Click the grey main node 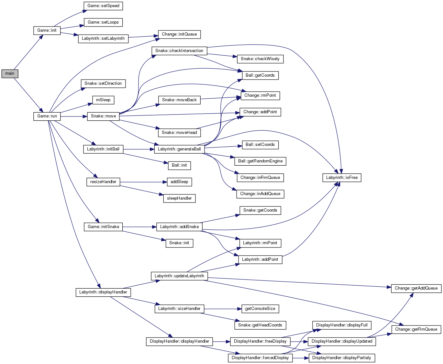click(x=10, y=73)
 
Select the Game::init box click(x=47, y=30)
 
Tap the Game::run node click(x=47, y=116)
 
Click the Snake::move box click(x=103, y=116)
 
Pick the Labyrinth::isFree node click(x=342, y=178)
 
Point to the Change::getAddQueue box click(x=416, y=288)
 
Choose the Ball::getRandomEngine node click(x=260, y=161)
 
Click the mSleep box click(x=103, y=100)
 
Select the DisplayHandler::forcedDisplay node click(x=260, y=358)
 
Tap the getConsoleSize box click(x=260, y=309)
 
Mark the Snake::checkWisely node click(x=260, y=59)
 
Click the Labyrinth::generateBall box click(x=179, y=149)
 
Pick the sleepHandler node click(x=179, y=198)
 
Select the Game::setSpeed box click(x=103, y=6)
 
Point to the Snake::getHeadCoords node click(x=260, y=325)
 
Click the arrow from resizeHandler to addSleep click(x=142, y=182)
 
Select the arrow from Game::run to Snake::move click(x=74, y=116)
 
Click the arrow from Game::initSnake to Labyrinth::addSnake click(x=139, y=227)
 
